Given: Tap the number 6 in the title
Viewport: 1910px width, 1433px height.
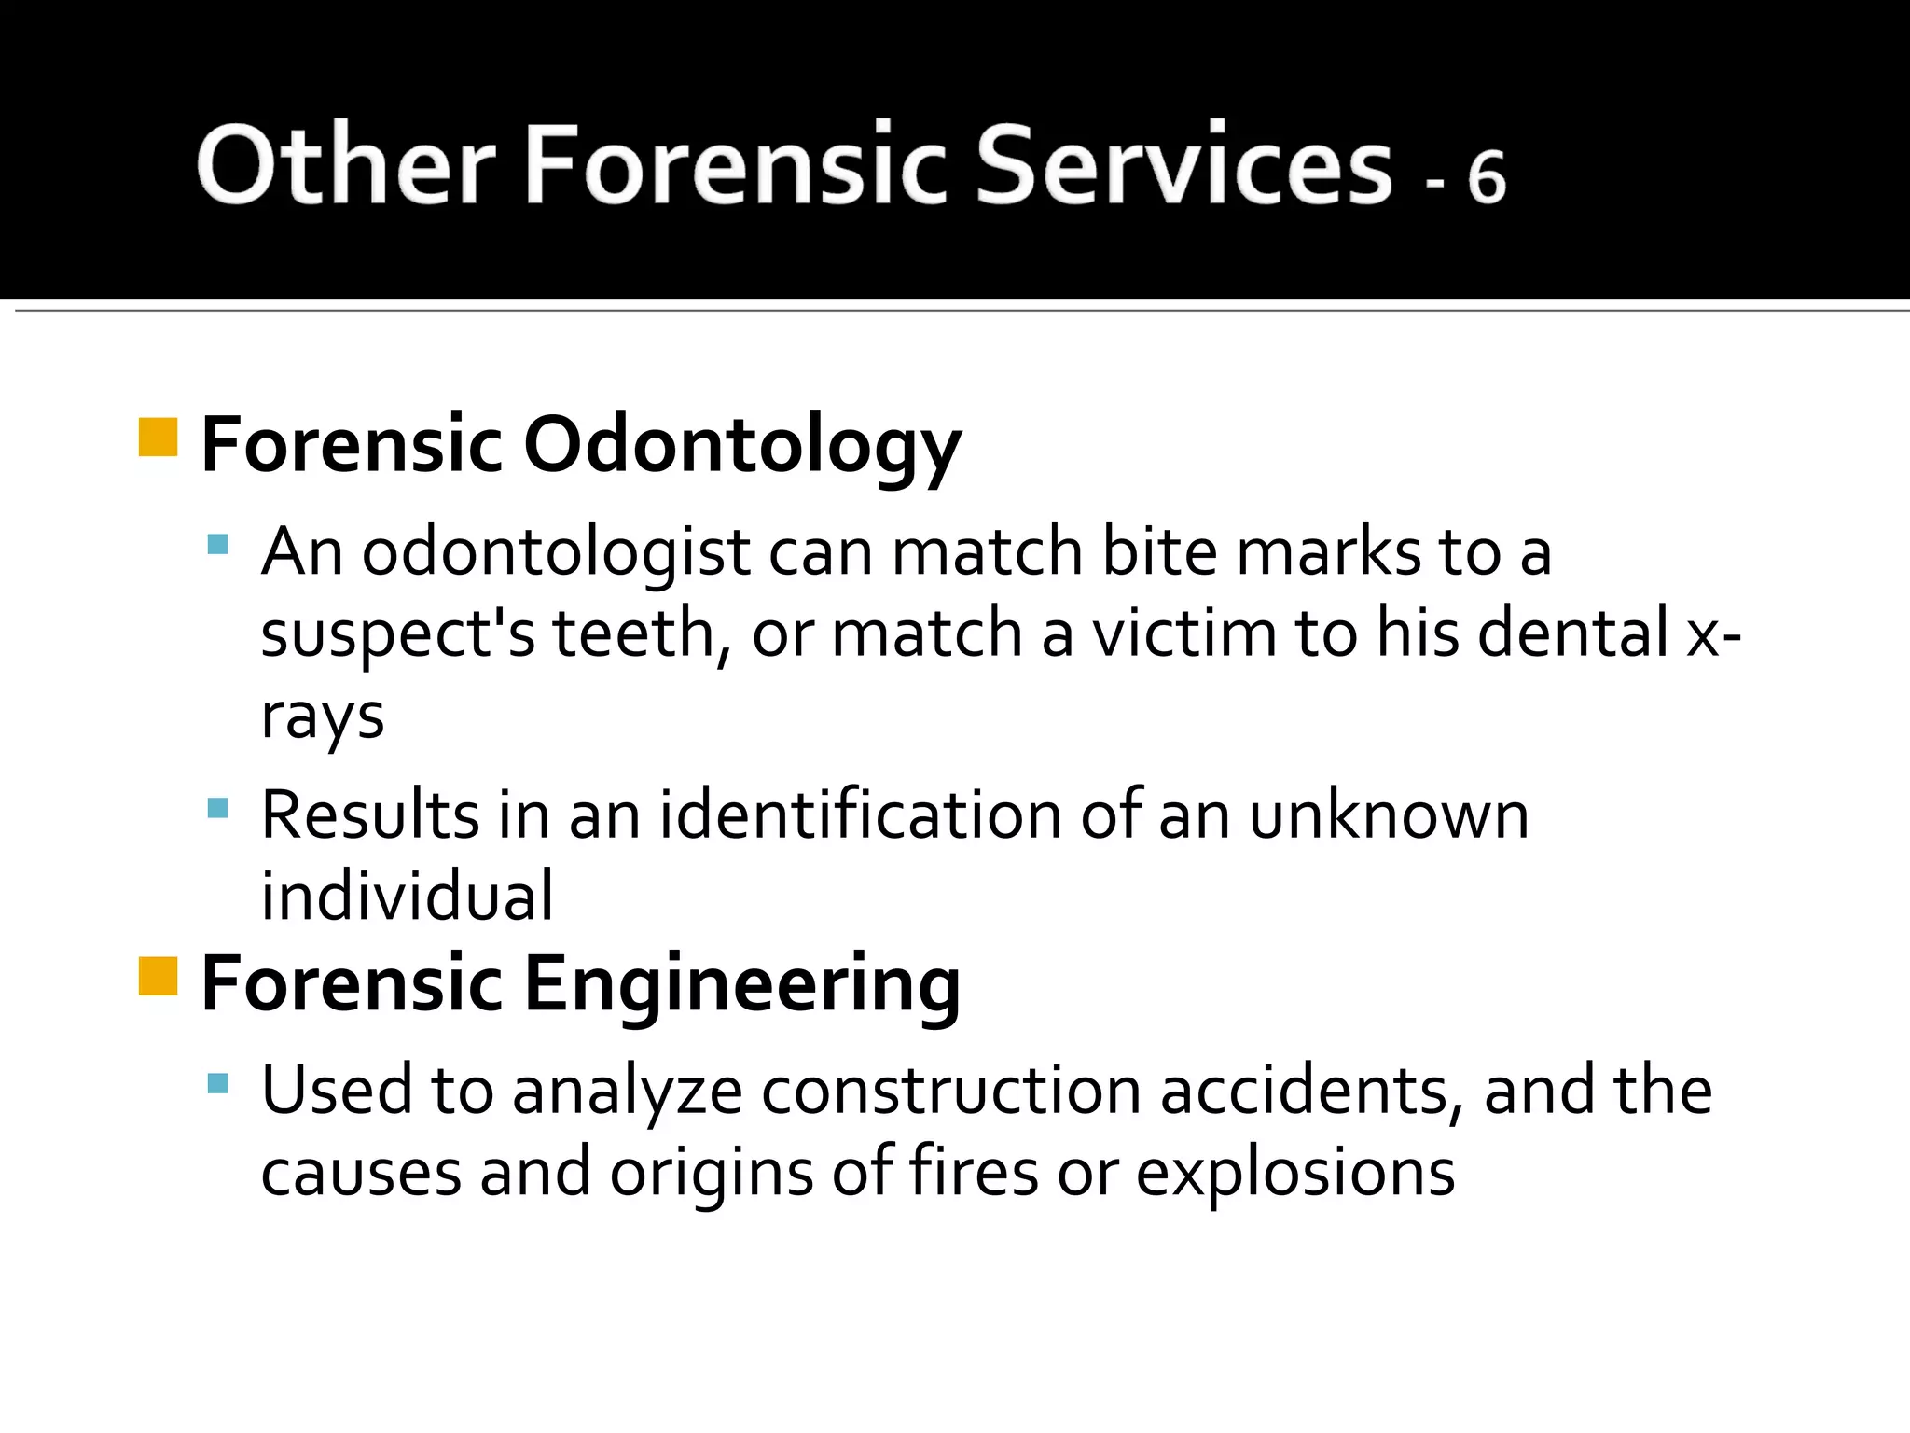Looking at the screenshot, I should (1486, 176).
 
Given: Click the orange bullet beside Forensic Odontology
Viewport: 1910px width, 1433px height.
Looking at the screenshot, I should (158, 438).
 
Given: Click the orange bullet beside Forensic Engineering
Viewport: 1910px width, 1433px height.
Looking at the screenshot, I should (158, 977).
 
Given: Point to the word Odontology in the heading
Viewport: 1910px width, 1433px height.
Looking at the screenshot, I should (741, 446).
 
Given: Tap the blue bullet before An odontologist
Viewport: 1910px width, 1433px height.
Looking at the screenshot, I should (218, 545).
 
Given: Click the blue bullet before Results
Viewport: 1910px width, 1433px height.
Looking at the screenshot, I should (218, 808).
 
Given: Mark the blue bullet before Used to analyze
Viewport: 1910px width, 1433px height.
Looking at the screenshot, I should (218, 1083).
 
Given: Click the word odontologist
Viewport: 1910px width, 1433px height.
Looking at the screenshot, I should (556, 552).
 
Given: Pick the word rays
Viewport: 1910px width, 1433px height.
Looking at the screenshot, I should (322, 716).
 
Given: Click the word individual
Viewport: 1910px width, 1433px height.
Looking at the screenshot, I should (407, 897).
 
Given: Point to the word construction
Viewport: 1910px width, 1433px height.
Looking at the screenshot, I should (951, 1091).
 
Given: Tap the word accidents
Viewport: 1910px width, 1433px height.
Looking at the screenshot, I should (1312, 1091).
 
